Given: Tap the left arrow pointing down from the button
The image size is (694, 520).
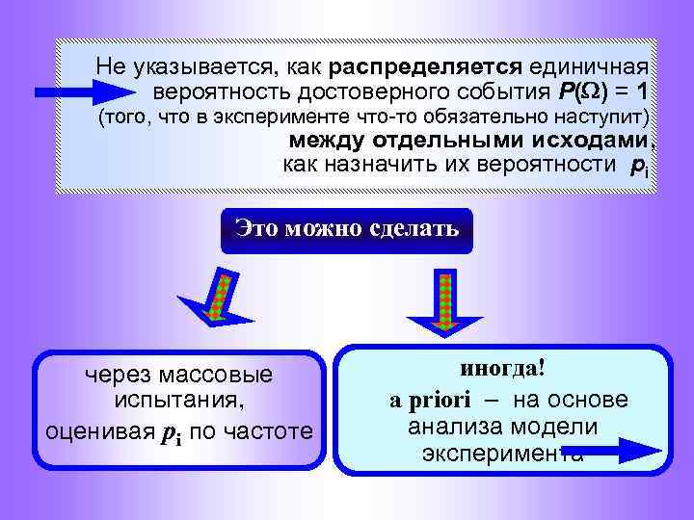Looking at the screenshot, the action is [219, 298].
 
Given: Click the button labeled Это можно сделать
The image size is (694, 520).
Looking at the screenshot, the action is [347, 230].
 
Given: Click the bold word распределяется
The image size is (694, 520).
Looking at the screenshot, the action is [425, 67].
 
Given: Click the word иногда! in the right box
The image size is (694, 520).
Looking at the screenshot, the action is [500, 369].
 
